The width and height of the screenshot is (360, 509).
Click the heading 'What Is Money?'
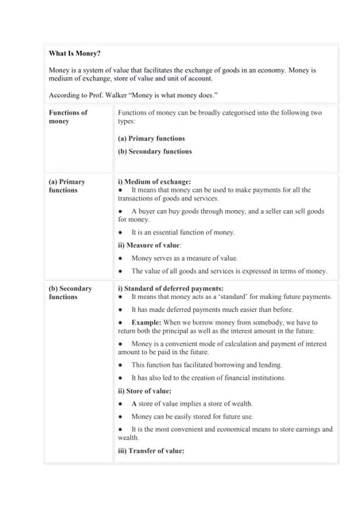pyautogui.click(x=75, y=53)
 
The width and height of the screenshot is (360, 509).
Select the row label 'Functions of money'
pyautogui.click(x=68, y=117)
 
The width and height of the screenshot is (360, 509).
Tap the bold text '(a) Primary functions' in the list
pyautogui.click(x=151, y=138)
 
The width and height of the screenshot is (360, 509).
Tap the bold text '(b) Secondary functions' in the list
pyautogui.click(x=154, y=151)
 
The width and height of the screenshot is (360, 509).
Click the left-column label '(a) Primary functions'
pyautogui.click(x=67, y=186)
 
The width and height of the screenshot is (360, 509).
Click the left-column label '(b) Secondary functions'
pyautogui.click(x=70, y=293)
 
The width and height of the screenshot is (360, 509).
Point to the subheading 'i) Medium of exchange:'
pyautogui.click(x=154, y=181)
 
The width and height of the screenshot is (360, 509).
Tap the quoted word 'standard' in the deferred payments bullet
pyautogui.click(x=232, y=297)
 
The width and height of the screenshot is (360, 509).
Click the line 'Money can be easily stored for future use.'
pyautogui.click(x=192, y=417)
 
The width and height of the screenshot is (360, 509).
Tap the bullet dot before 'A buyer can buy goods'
pyautogui.click(x=120, y=212)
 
